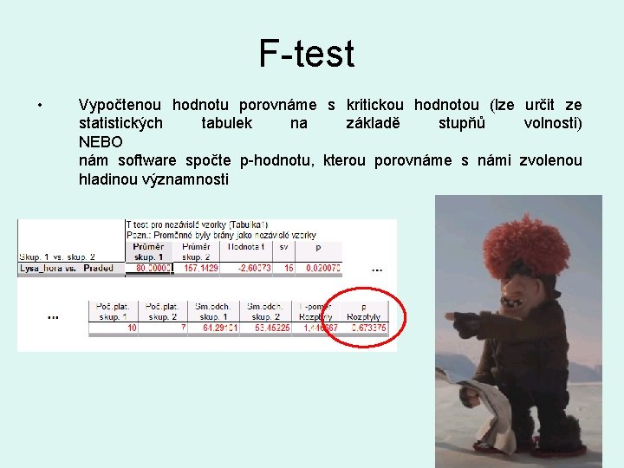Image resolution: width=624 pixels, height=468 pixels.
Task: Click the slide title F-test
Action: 307,54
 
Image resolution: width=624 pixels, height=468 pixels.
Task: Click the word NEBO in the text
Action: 101,141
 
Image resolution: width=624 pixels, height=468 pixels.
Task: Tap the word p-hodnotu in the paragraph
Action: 276,160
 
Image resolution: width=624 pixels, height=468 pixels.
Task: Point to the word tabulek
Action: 226,123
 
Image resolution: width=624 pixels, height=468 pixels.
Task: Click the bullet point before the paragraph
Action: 41,106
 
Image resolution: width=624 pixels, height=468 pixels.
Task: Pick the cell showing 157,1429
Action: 198,269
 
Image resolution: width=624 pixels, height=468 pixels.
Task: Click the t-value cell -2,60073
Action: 250,269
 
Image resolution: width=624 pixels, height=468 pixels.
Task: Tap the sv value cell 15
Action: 287,269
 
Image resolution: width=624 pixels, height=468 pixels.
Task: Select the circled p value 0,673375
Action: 367,328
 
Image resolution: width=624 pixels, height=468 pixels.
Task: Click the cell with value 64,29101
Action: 218,328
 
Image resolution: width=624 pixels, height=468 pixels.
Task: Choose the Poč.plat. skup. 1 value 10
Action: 131,328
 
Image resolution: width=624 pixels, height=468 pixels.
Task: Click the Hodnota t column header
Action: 246,248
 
